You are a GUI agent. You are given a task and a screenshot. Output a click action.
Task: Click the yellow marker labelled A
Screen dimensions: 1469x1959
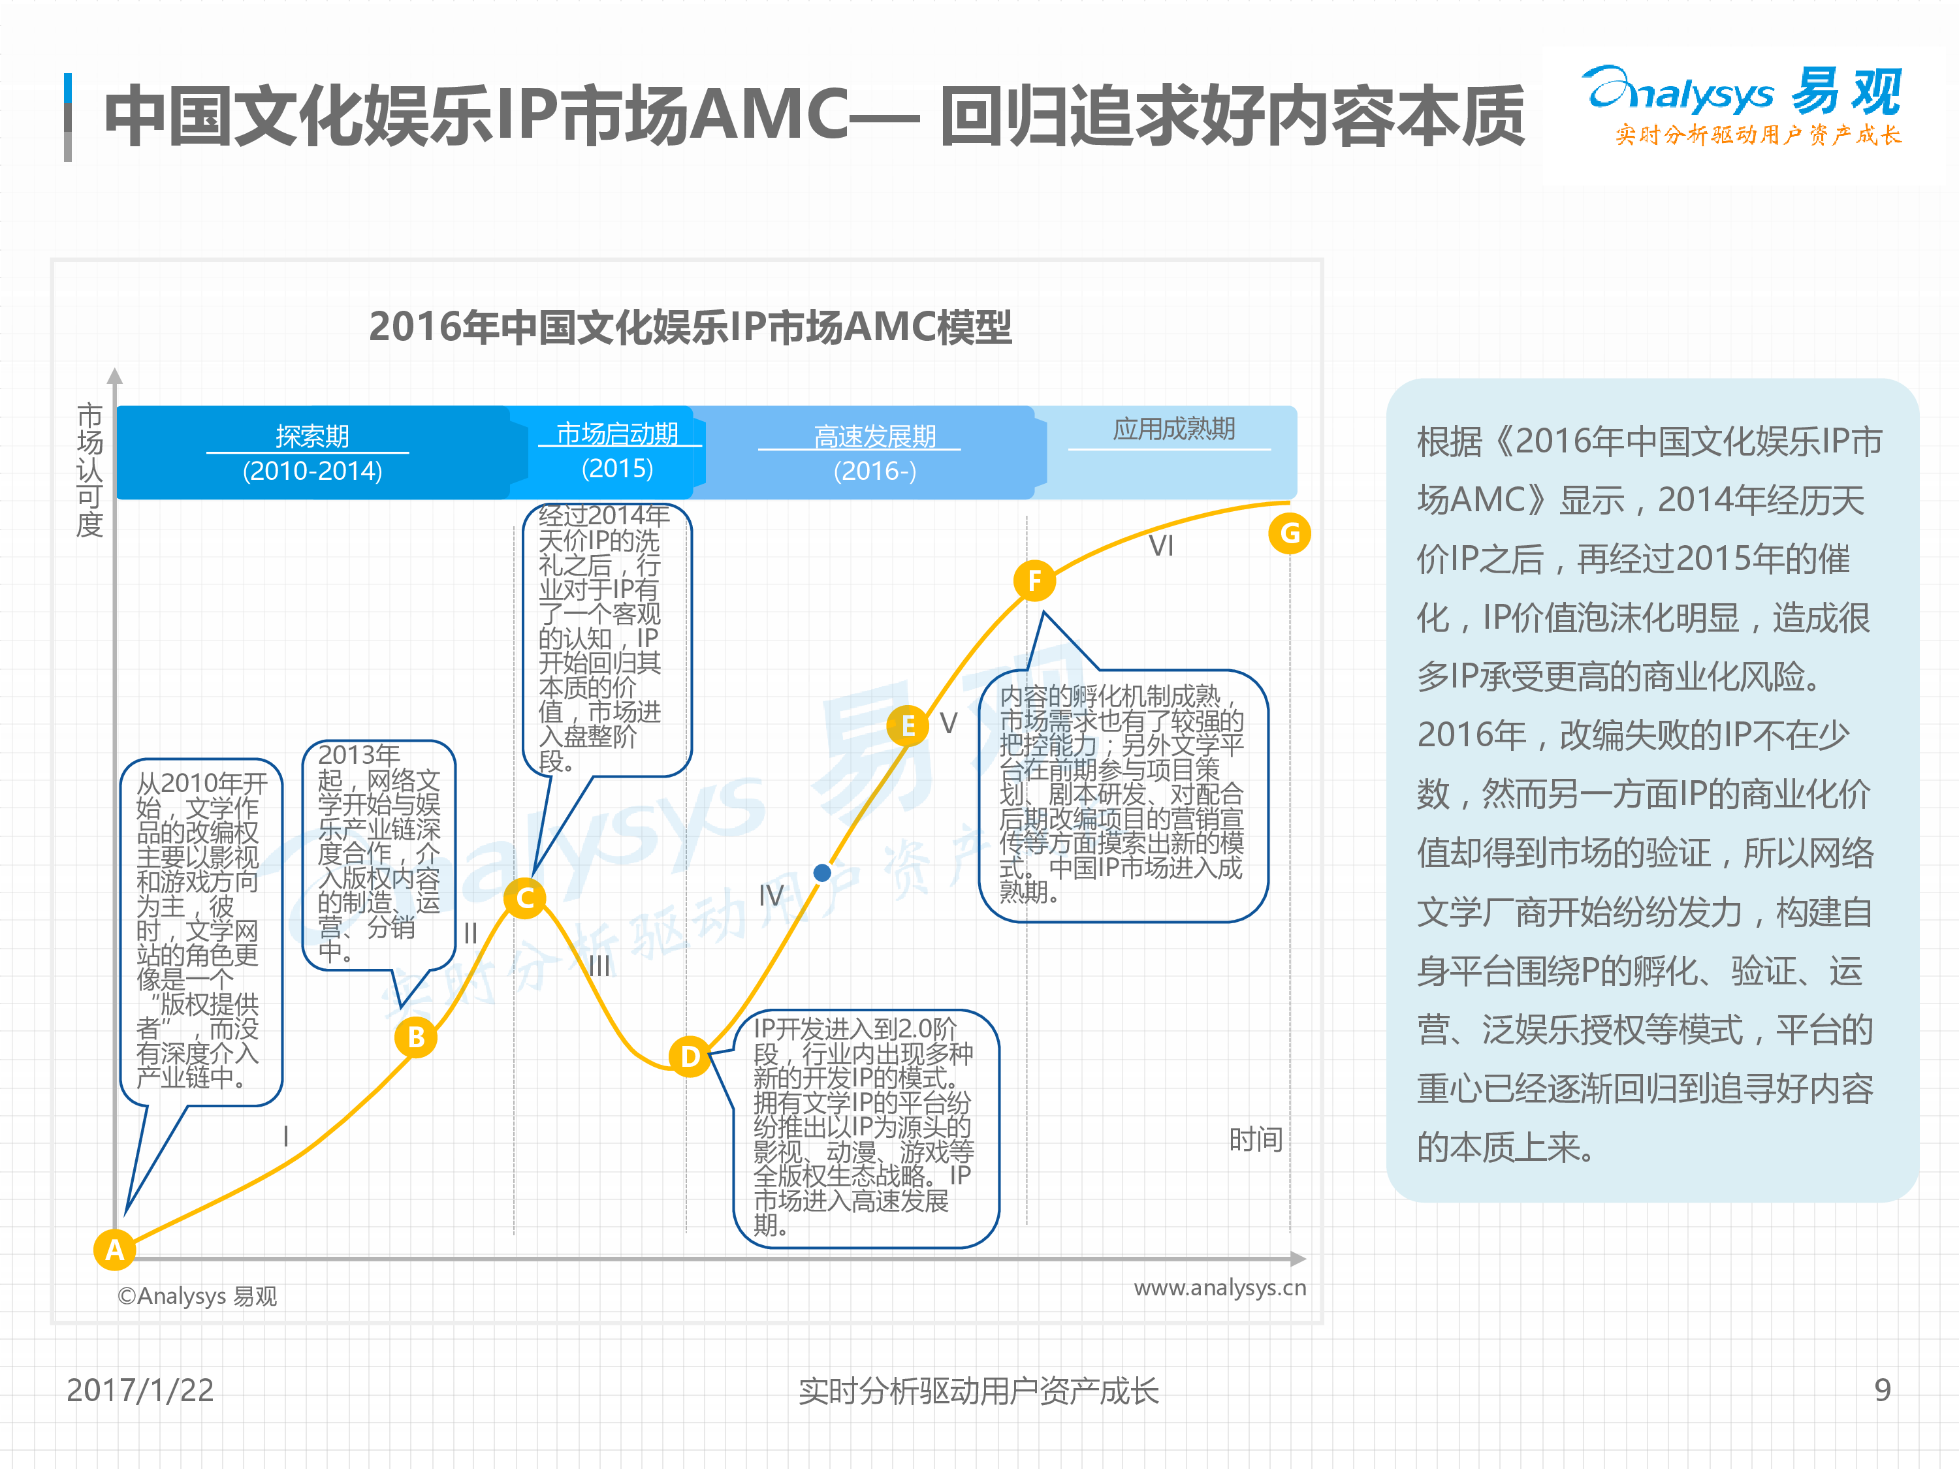pos(114,1250)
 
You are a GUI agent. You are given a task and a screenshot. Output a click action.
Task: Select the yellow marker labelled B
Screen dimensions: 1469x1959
pos(416,1037)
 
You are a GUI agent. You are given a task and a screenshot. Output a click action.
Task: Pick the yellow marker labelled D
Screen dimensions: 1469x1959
pos(690,1056)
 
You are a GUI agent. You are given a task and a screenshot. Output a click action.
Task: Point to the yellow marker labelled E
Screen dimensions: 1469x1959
pos(908,726)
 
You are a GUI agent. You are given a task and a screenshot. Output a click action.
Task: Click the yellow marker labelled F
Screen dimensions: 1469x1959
pos(1034,581)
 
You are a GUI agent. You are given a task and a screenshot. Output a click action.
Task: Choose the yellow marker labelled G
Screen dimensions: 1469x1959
pos(1290,533)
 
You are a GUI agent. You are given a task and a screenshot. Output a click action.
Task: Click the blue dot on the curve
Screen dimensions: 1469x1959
pos(822,873)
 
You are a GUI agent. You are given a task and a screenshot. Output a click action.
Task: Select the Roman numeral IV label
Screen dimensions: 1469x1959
pos(771,895)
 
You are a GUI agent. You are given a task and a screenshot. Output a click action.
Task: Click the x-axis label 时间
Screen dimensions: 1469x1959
pos(1256,1139)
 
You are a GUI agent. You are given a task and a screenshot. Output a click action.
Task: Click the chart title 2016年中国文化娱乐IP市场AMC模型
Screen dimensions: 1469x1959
pos(690,326)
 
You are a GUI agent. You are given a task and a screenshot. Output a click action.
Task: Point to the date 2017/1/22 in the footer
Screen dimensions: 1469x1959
pos(140,1390)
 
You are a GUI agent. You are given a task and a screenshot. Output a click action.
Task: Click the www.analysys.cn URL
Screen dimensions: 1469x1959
pos(1220,1287)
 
